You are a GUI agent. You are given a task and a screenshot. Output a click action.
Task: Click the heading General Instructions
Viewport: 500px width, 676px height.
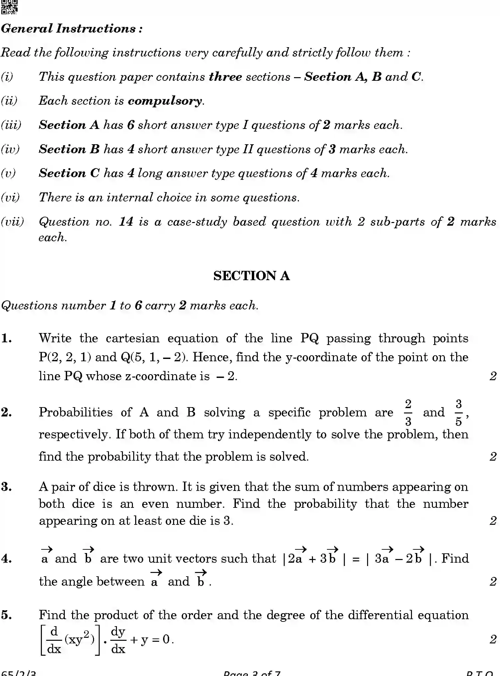(x=72, y=29)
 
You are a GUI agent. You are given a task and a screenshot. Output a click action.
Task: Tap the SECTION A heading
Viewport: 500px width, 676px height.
(x=251, y=276)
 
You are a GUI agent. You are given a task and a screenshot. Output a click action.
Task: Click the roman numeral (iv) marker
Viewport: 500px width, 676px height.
(x=10, y=149)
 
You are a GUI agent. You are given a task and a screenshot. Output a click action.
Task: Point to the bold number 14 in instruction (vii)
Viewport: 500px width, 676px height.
(x=126, y=222)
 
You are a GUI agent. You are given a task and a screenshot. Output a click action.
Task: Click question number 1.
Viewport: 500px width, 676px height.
(x=7, y=338)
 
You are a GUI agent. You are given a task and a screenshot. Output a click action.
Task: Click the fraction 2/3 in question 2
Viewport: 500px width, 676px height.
(x=408, y=412)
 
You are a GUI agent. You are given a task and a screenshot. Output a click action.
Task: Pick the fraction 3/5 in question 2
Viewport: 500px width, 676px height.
(x=458, y=412)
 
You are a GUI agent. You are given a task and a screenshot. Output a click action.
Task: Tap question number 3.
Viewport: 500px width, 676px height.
(x=7, y=487)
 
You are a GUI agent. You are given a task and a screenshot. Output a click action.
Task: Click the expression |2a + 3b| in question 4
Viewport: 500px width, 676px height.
(x=314, y=558)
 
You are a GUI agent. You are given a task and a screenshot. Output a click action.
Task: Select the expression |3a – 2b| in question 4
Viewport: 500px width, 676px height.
(x=399, y=558)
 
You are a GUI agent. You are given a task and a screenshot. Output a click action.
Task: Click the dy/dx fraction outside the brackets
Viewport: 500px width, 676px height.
(x=118, y=640)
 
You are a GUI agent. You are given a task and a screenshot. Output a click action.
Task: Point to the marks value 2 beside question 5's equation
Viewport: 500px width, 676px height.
(x=493, y=639)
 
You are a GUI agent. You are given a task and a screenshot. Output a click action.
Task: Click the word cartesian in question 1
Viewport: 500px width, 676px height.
(x=133, y=338)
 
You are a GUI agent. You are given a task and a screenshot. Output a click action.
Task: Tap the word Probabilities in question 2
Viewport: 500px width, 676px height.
(x=76, y=412)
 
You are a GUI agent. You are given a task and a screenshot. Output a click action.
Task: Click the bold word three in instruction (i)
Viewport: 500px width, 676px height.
(x=225, y=77)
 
